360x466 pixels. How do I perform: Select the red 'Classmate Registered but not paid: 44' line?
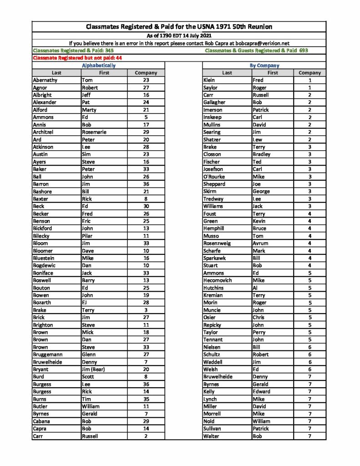pos(77,58)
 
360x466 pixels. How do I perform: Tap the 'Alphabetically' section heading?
pos(98,66)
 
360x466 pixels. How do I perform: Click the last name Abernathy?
pos(45,80)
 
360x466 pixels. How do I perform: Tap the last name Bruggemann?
pos(48,355)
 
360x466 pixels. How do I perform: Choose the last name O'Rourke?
pos(214,177)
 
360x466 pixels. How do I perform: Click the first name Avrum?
pos(260,243)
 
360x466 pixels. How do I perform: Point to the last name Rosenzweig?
pos(217,243)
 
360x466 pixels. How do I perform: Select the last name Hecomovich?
pos(218,280)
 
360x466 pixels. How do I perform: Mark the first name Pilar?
pos(87,236)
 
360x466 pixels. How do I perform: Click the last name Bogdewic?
pos(45,265)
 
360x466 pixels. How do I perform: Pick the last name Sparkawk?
pos(214,258)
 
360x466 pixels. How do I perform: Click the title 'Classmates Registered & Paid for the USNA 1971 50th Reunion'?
pos(179,27)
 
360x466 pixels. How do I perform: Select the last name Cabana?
pos(42,421)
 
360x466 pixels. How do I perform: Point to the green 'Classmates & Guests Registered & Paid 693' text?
pos(256,51)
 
